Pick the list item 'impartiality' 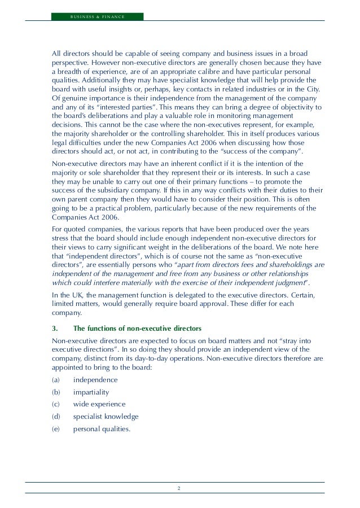click(x=91, y=392)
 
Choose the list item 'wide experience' click(x=99, y=404)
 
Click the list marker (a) click(x=55, y=379)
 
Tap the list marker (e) click(x=55, y=429)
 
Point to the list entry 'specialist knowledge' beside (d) click(x=106, y=417)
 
